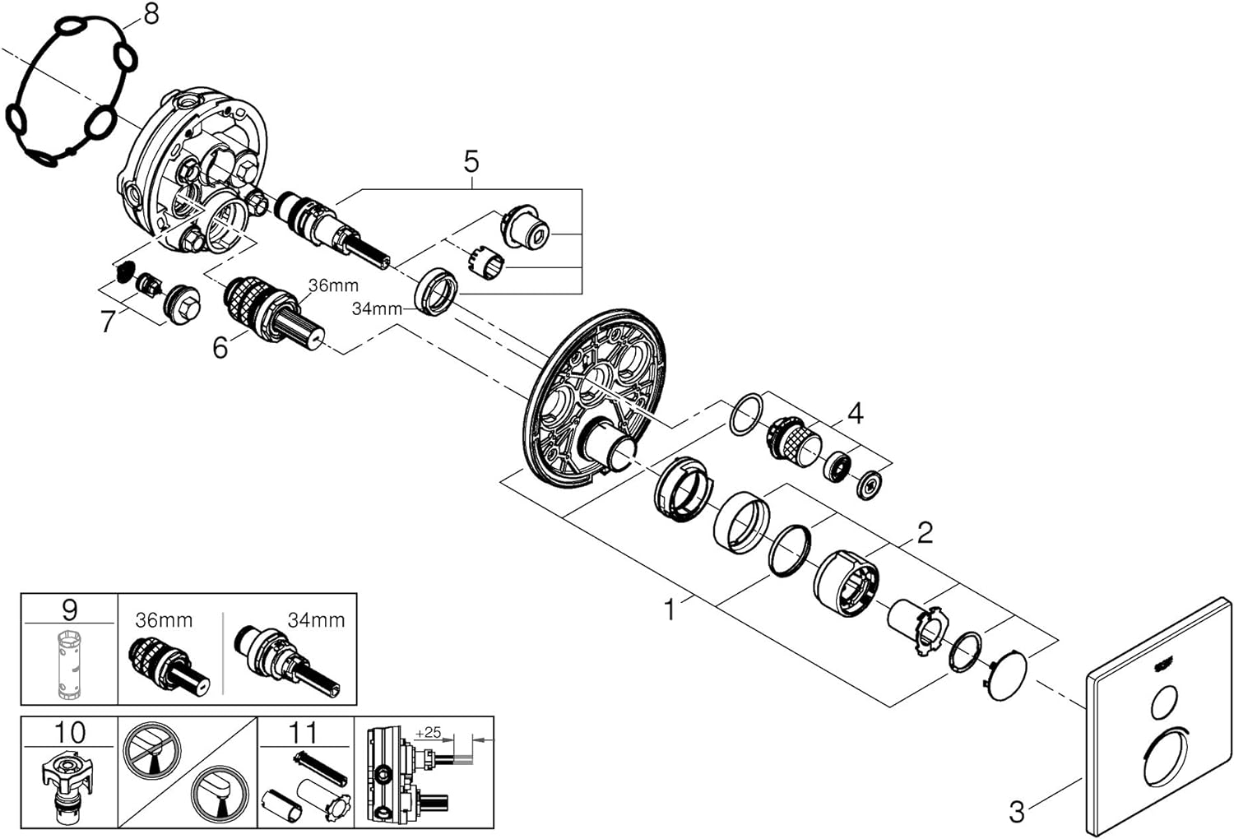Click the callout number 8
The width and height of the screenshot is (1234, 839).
pyautogui.click(x=150, y=14)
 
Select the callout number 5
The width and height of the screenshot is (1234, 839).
pyautogui.click(x=471, y=160)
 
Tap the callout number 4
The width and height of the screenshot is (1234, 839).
pyautogui.click(x=856, y=413)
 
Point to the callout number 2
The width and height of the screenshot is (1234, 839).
pyautogui.click(x=925, y=532)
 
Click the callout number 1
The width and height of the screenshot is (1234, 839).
pyautogui.click(x=670, y=610)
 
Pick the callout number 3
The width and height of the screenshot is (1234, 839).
pyautogui.click(x=1017, y=812)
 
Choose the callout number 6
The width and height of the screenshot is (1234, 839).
pyautogui.click(x=220, y=348)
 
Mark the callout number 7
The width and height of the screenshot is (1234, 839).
pyautogui.click(x=108, y=322)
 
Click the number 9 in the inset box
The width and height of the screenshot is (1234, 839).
pyautogui.click(x=69, y=610)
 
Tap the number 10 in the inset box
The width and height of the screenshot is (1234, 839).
pyautogui.click(x=69, y=731)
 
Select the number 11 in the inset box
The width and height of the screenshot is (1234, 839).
pyautogui.click(x=304, y=731)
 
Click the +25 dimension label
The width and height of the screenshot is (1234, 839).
pyautogui.click(x=428, y=732)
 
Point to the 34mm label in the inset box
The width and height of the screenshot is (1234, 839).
pyautogui.click(x=315, y=619)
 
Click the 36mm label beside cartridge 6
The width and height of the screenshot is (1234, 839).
pyautogui.click(x=333, y=285)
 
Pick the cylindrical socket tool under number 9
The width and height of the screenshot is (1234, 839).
pyautogui.click(x=69, y=665)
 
